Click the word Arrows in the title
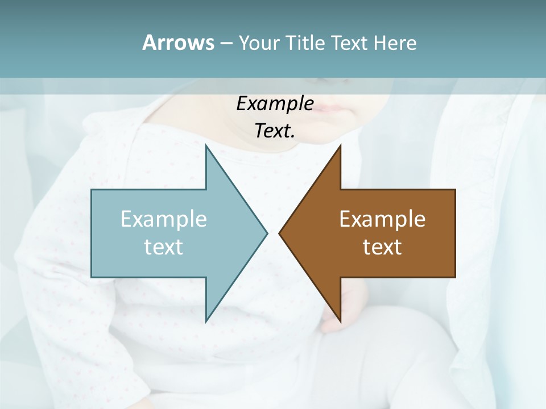(177, 43)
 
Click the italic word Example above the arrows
(275, 103)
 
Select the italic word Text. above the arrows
(275, 131)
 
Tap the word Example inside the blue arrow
(164, 219)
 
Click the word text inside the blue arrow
(164, 247)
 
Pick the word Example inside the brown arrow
(382, 219)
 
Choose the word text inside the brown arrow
(382, 247)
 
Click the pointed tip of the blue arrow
(266, 233)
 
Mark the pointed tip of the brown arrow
(280, 233)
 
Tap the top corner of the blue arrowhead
(206, 146)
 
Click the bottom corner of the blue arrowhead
(206, 321)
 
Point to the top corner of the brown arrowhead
(340, 146)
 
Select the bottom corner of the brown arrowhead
(340, 321)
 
